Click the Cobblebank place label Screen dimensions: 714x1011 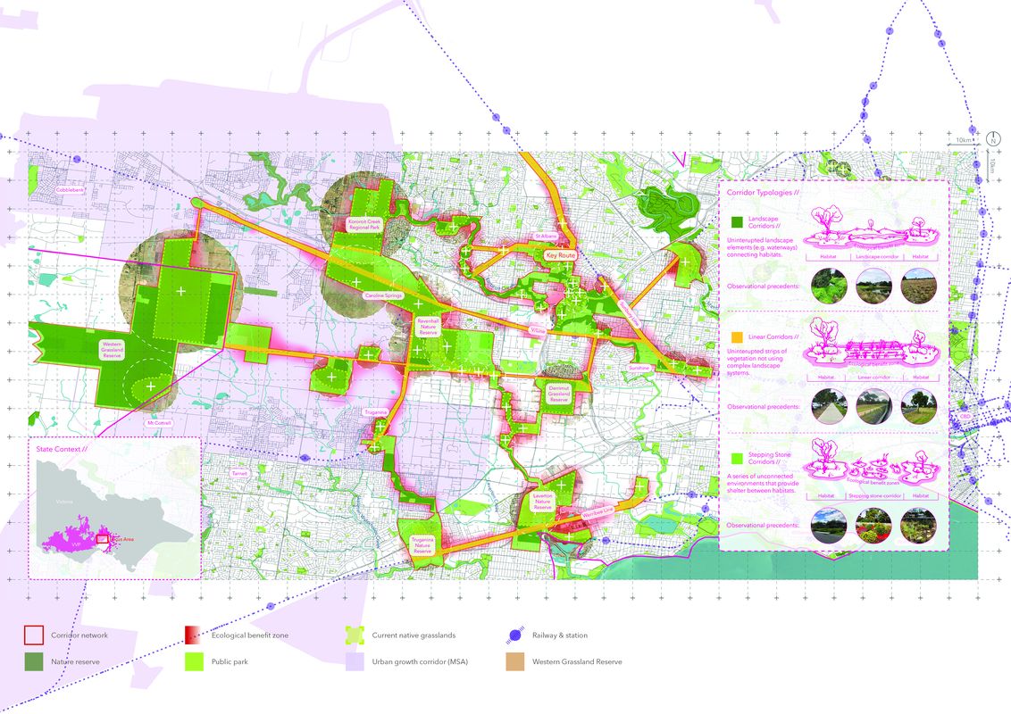(71, 190)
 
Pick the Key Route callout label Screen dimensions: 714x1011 (561, 255)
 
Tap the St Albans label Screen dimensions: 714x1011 (546, 237)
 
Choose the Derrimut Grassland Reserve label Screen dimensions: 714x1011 (557, 394)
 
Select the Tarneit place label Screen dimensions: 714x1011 (239, 473)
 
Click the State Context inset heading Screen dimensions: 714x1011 (62, 449)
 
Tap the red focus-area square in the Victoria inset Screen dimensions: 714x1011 (102, 539)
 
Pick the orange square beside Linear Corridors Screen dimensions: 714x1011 (737, 338)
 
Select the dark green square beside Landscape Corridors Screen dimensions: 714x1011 (737, 221)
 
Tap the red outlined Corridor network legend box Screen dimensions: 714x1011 (33, 635)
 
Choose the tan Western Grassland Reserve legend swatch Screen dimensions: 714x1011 (513, 661)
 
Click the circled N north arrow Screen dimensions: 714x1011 (992, 140)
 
